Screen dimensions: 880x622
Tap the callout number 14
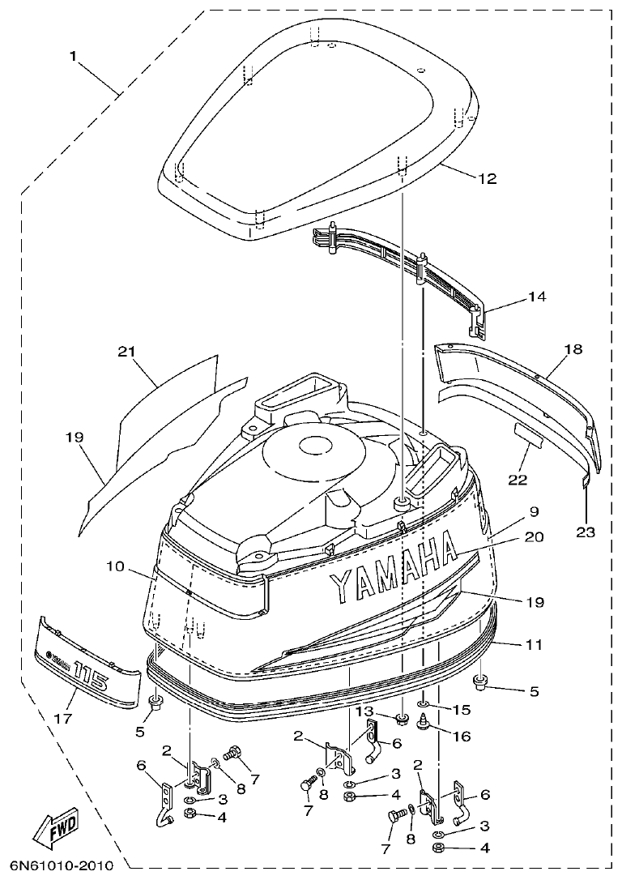(538, 297)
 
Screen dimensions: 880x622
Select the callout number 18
(573, 350)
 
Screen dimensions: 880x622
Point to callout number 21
(125, 352)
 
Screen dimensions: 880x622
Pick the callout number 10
(115, 567)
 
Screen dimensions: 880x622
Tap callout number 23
(586, 532)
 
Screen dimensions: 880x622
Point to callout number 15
(460, 710)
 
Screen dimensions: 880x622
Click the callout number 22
(518, 480)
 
